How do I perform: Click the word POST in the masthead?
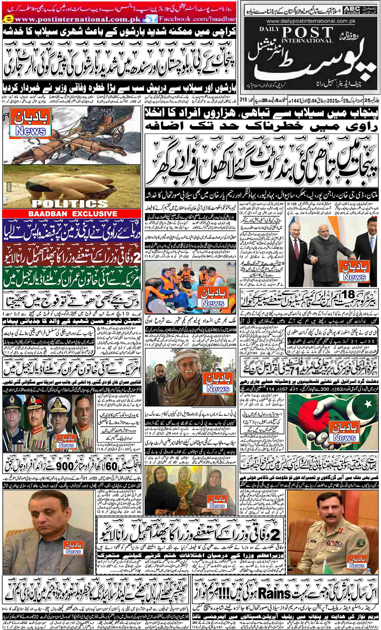pos(308,33)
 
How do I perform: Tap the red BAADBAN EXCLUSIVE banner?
pos(72,214)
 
